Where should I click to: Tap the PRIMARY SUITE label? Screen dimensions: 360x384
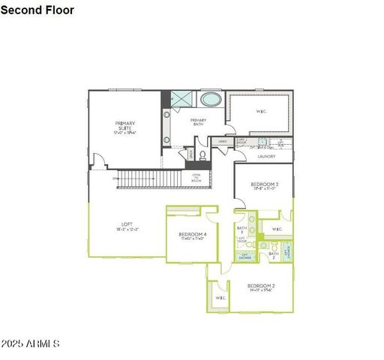pos(124,127)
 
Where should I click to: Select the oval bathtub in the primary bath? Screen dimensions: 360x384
pos(211,99)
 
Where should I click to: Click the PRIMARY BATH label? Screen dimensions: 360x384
pos(198,122)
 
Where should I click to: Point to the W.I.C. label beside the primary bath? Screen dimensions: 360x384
pos(261,112)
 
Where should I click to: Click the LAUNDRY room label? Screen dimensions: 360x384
pos(266,156)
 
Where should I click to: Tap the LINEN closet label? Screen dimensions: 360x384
pos(223,141)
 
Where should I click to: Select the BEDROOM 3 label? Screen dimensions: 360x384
pos(264,185)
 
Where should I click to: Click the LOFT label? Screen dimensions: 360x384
pos(127,226)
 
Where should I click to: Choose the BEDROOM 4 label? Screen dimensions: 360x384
pos(193,235)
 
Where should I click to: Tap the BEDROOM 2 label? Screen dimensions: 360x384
pos(261,287)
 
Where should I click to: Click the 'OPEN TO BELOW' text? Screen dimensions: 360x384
pos(196,178)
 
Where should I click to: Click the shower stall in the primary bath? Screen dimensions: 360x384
pos(181,99)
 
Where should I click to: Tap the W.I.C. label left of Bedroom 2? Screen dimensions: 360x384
pos(220,298)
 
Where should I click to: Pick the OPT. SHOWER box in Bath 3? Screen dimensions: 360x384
pos(244,256)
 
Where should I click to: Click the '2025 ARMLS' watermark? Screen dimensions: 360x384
pos(30,343)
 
